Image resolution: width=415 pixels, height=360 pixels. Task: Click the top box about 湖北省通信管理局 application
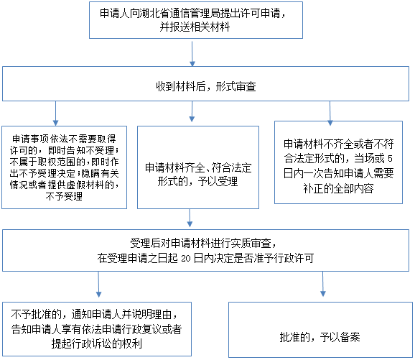pos(196,20)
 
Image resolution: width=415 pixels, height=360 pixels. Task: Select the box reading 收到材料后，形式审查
pos(205,83)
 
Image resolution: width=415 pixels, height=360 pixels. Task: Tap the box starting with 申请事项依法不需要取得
pos(65,167)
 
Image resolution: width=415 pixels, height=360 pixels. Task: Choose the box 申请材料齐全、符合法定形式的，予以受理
pos(198,167)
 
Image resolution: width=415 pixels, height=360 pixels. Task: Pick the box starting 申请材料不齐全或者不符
pos(338,162)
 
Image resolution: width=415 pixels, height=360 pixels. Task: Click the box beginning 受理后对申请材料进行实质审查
pos(205,250)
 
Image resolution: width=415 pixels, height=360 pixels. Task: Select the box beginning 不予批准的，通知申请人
pos(97,329)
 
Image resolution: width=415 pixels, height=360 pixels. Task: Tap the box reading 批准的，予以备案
pos(320,330)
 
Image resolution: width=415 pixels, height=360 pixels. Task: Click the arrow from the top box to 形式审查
pos(192,54)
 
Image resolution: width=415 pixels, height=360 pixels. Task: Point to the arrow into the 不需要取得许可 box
pos(55,114)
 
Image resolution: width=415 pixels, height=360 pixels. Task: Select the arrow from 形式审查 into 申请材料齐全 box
pos(192,111)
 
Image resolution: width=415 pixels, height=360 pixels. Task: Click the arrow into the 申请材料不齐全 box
pos(330,114)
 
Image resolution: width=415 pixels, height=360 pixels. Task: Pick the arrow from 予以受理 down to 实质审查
pos(190,218)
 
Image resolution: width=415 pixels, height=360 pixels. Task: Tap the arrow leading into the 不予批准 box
pos(98,285)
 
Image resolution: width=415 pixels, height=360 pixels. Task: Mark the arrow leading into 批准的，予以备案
pos(323,284)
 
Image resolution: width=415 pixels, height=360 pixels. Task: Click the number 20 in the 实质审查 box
pos(186,259)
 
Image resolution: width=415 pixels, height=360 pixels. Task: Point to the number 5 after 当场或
pos(390,159)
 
